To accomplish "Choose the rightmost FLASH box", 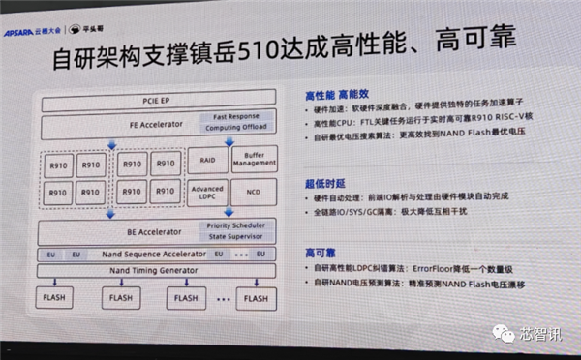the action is [x=256, y=298].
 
